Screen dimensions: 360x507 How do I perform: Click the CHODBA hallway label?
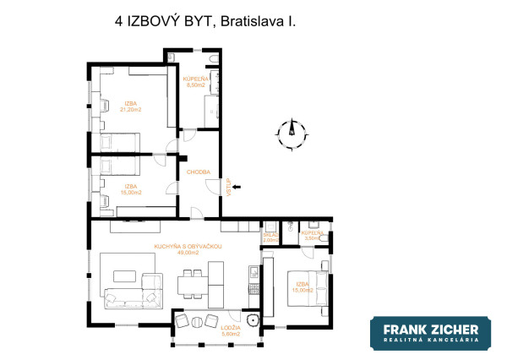pos(199,172)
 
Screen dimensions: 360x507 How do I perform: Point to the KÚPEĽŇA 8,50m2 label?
pos(196,82)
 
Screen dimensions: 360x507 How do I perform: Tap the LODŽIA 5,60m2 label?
pos(231,330)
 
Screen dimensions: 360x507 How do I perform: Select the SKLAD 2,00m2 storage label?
pos(270,237)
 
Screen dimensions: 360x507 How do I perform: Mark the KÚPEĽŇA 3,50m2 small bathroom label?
pos(312,235)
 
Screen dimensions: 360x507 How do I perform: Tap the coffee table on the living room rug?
pos(125,275)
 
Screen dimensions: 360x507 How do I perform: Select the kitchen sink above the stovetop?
pos(253,271)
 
